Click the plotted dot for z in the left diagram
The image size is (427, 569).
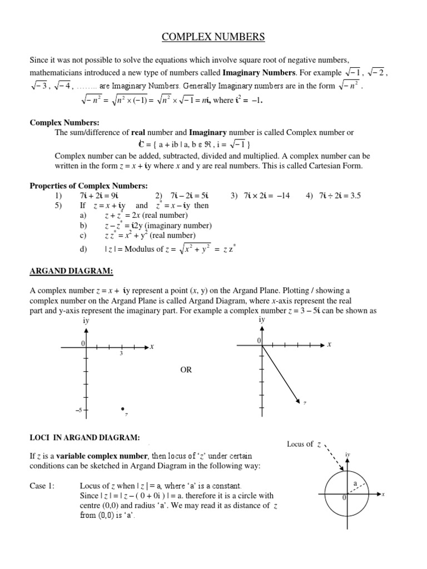point(123,409)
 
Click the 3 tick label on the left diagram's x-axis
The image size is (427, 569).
point(121,354)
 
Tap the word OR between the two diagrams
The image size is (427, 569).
point(185,370)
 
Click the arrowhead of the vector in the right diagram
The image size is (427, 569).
point(297,397)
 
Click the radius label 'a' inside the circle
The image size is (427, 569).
point(354,483)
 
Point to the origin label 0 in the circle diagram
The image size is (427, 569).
point(344,498)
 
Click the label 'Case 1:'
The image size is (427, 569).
point(42,486)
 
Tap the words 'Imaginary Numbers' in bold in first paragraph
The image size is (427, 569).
point(259,72)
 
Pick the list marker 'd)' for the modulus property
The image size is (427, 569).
point(84,249)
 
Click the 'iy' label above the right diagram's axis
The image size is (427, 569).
point(262,320)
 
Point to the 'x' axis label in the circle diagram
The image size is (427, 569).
point(384,494)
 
